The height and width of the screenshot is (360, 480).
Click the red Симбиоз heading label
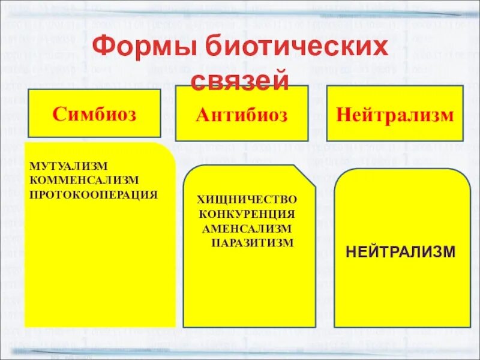coord(94,113)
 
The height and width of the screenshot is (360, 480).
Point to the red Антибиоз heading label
coord(241,114)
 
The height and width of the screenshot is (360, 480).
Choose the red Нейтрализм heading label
coord(394,114)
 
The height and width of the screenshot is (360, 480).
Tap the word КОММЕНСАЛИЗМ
coord(83,179)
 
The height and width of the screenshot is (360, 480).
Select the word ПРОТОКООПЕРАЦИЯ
coord(93,194)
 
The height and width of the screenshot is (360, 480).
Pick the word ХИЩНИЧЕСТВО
coord(247,199)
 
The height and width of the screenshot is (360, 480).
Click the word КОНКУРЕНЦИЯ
coord(247,214)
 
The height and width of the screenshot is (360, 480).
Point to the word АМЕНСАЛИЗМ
coord(247,228)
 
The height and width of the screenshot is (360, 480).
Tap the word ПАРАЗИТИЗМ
coord(253,242)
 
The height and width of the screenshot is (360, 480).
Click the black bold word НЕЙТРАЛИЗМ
coord(400,251)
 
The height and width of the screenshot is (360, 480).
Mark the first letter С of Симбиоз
coord(58,113)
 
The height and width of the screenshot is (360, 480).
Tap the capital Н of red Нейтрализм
coord(343,114)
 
